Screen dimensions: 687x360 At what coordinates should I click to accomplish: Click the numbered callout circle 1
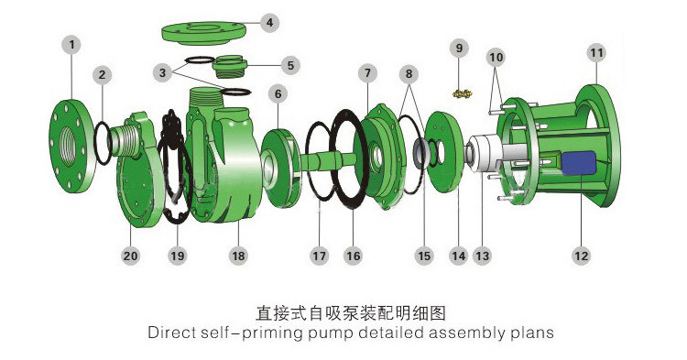71,45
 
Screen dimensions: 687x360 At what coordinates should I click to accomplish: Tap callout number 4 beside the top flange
269,22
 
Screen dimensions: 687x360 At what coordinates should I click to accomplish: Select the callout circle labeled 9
459,48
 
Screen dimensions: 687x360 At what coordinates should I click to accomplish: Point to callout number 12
582,256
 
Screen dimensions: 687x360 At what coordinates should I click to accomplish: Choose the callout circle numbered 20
131,256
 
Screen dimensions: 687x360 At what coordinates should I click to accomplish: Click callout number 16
354,256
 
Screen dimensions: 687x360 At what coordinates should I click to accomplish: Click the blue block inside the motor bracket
579,163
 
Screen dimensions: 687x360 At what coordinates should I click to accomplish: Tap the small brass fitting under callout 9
463,93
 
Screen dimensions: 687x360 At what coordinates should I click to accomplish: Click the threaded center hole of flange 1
68,147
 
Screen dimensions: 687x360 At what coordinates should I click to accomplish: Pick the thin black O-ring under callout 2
104,143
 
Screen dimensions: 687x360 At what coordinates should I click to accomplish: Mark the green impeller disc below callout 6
281,169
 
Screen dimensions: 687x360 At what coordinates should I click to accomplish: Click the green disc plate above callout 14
444,152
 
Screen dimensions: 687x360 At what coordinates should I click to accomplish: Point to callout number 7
367,73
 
